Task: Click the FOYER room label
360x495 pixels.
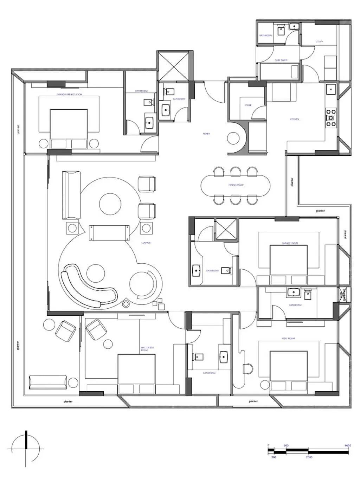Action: click(206, 134)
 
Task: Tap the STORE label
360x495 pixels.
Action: click(248, 105)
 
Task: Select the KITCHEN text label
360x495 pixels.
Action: click(294, 119)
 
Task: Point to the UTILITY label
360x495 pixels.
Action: click(319, 41)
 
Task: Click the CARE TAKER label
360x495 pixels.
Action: click(281, 60)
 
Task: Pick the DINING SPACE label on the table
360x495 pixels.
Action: click(236, 185)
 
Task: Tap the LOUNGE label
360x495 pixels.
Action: click(146, 243)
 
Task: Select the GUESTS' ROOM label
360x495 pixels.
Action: click(290, 243)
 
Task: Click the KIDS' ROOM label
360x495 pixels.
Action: click(288, 339)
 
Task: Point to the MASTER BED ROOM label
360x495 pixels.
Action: click(147, 349)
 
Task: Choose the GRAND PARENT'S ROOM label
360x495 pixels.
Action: click(70, 95)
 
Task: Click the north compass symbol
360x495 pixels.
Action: click(26, 449)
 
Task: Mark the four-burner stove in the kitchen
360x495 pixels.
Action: click(331, 118)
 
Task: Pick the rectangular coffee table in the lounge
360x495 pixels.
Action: click(109, 233)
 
